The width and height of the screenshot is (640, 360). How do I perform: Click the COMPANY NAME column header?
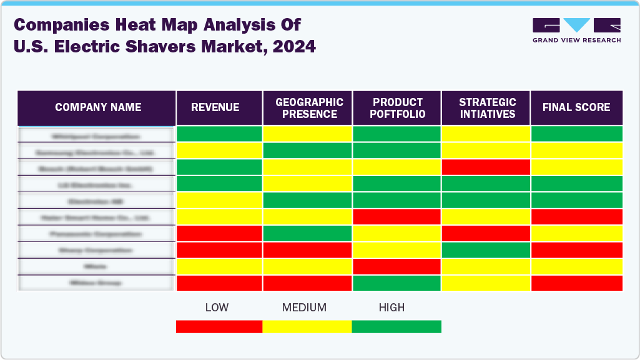click(97, 107)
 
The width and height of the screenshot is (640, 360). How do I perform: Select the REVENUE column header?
click(215, 107)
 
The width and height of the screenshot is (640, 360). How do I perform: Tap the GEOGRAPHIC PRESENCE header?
click(309, 108)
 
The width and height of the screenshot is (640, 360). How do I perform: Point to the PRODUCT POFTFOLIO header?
click(398, 108)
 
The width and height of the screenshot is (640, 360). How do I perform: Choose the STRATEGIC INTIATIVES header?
click(486, 108)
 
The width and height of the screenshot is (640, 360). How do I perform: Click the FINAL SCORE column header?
click(576, 107)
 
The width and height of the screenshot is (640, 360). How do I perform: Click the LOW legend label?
click(217, 308)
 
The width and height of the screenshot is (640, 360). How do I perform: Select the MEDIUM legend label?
click(304, 308)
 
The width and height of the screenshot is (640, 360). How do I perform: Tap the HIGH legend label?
click(391, 308)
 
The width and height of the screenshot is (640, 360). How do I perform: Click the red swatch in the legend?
click(219, 326)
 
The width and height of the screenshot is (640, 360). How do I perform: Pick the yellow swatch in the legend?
click(307, 326)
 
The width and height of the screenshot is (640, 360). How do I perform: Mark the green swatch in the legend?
click(396, 326)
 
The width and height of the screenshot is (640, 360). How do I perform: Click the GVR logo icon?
click(576, 26)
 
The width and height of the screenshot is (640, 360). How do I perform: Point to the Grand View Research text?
click(576, 41)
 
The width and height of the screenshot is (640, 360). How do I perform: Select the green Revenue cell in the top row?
click(219, 134)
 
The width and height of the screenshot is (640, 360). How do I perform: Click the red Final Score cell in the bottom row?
click(576, 283)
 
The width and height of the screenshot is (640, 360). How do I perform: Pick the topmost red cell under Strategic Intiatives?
click(486, 167)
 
